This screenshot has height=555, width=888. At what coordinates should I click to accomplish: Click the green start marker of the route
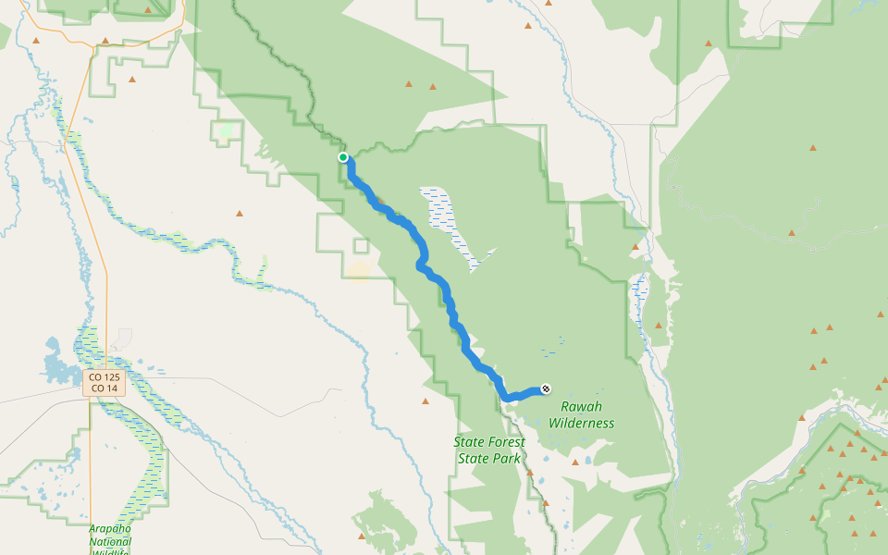343,157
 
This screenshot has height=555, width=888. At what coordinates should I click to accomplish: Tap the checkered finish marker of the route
547,388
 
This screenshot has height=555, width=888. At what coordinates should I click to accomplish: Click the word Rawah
581,407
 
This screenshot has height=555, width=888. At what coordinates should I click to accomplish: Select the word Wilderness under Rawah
581,424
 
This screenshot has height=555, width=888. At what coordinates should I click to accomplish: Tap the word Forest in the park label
506,442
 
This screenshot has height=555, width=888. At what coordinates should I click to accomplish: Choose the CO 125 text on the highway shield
104,377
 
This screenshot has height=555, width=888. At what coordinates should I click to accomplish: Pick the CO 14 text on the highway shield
104,388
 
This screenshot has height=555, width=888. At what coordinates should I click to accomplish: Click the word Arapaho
110,528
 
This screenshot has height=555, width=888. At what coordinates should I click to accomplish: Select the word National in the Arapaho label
110,542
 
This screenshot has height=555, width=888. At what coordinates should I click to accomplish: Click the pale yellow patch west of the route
358,270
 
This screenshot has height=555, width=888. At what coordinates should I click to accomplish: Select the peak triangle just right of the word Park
530,472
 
